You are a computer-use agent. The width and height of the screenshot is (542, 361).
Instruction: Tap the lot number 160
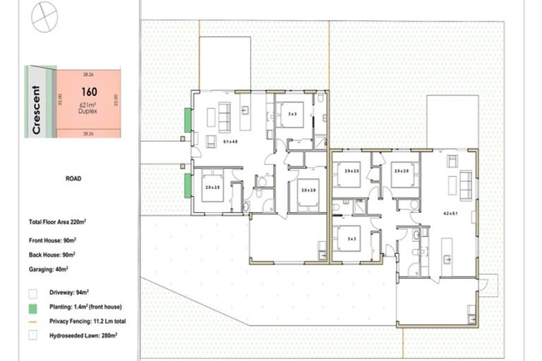coord(88,92)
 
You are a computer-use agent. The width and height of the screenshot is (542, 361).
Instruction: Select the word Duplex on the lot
coord(88,112)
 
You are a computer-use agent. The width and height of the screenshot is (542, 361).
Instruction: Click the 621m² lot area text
coord(88,105)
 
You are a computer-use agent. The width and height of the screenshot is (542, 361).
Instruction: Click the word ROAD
coord(72,179)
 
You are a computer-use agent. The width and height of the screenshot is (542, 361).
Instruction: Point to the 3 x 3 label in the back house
coord(353,239)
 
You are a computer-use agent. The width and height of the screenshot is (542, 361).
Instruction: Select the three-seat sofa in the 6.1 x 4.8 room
coord(224,117)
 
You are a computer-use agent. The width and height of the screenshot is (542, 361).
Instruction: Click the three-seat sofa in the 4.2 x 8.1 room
coord(466,185)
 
